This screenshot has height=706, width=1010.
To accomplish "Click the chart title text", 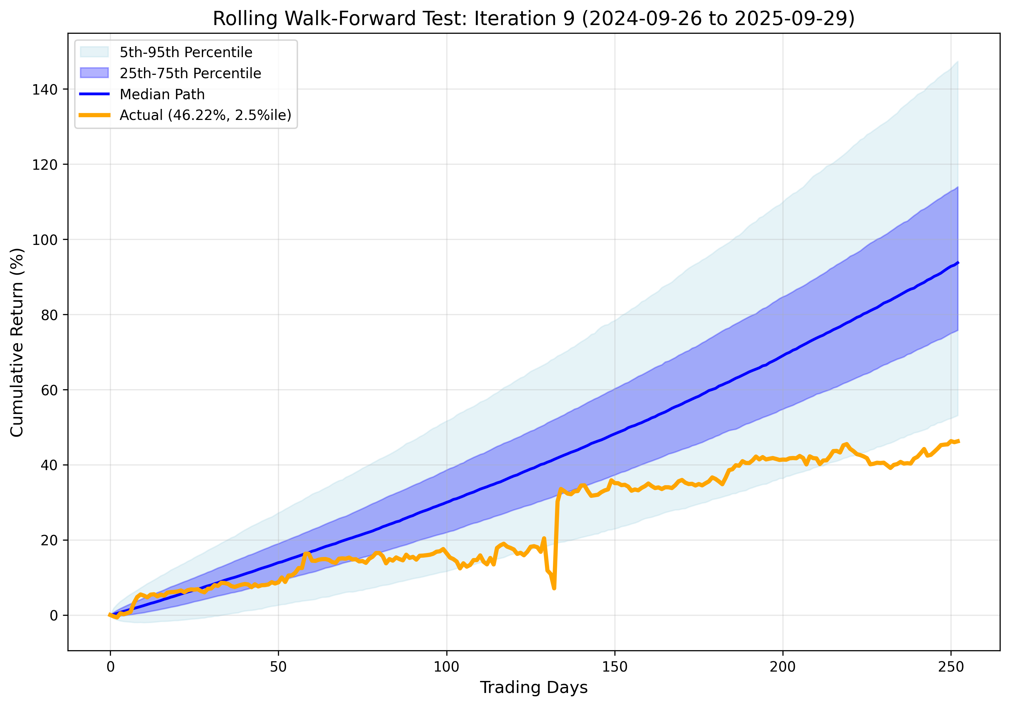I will (x=534, y=19).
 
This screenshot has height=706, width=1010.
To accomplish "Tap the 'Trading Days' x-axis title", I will (x=534, y=687).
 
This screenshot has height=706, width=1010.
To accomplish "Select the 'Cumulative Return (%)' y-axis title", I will (x=17, y=342).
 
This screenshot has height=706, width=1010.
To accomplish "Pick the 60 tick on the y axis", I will (x=49, y=390).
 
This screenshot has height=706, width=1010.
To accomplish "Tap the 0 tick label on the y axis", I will (x=54, y=616).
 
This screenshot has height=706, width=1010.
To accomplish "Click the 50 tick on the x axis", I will (x=278, y=667).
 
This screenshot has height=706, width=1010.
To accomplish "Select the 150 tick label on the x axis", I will (x=614, y=667).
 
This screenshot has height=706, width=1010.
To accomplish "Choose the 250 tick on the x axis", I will (x=951, y=667).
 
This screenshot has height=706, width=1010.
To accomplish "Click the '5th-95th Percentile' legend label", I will (x=186, y=52).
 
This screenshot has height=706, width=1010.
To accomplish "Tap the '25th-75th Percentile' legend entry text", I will (x=190, y=73).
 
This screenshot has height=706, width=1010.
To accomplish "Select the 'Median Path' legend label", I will (x=162, y=94).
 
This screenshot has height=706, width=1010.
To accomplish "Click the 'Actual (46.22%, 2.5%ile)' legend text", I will (x=205, y=115).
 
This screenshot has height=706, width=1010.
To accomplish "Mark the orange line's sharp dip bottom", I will (x=554, y=588).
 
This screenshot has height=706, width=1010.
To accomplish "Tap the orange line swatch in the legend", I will (x=94, y=115).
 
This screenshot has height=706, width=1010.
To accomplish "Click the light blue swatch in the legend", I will (x=94, y=52).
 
